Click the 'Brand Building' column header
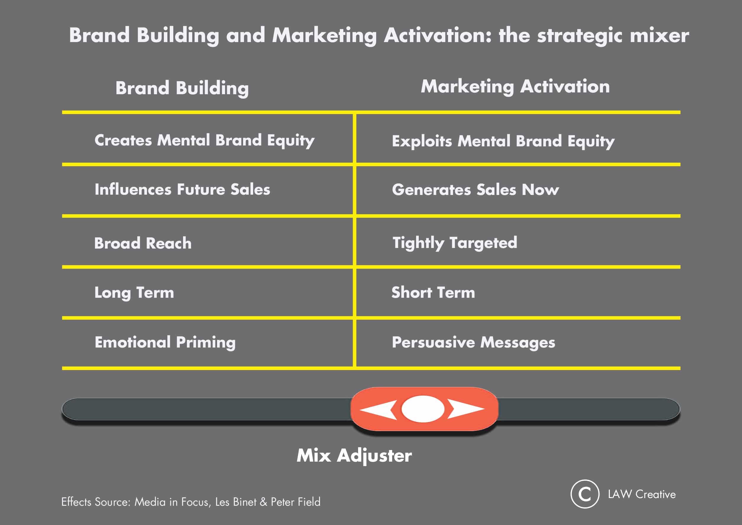coord(182,88)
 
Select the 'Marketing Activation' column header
coord(515,87)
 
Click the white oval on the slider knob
coord(423,409)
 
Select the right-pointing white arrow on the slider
coord(466,409)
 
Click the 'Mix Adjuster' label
coord(354,456)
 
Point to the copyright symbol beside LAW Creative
coord(585,494)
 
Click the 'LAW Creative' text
coord(642,494)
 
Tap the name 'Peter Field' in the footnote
coord(296,502)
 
